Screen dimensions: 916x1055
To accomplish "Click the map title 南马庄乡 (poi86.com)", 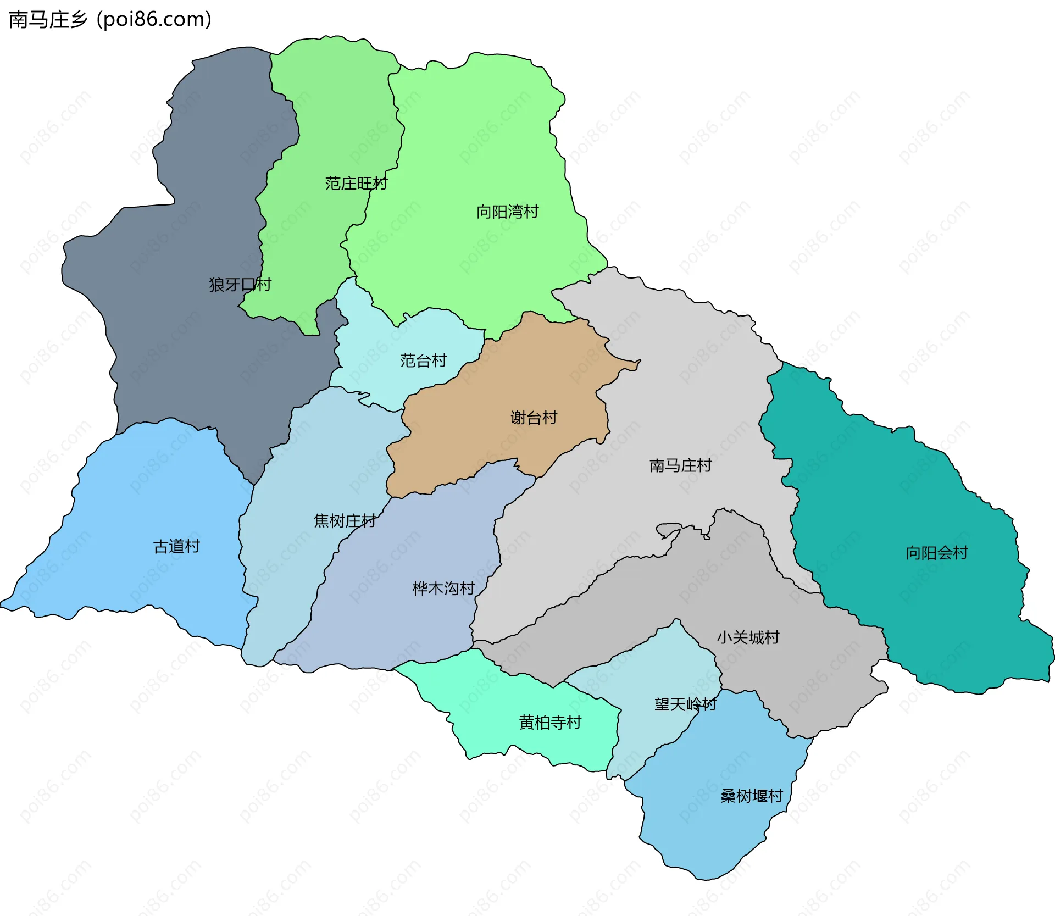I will point(110,20).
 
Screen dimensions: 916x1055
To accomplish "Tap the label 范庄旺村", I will point(356,183).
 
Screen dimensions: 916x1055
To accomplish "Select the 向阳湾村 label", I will point(507,212).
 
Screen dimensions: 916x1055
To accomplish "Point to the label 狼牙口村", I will point(240,284).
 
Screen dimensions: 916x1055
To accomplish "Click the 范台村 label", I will point(423,360).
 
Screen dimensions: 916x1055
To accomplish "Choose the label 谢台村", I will point(534,418).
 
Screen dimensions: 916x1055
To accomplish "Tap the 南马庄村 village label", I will point(680,465).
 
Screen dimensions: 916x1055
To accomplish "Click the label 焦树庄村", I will point(345,520).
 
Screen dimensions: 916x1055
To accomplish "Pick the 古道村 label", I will point(176,546).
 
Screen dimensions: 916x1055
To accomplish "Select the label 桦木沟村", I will point(443,589).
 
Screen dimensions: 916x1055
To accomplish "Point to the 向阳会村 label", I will point(936,553).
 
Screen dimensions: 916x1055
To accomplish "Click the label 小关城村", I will point(748,637).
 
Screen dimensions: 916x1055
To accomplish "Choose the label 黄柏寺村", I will point(550,722).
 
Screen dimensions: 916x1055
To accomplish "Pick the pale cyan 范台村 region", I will point(385,341).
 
